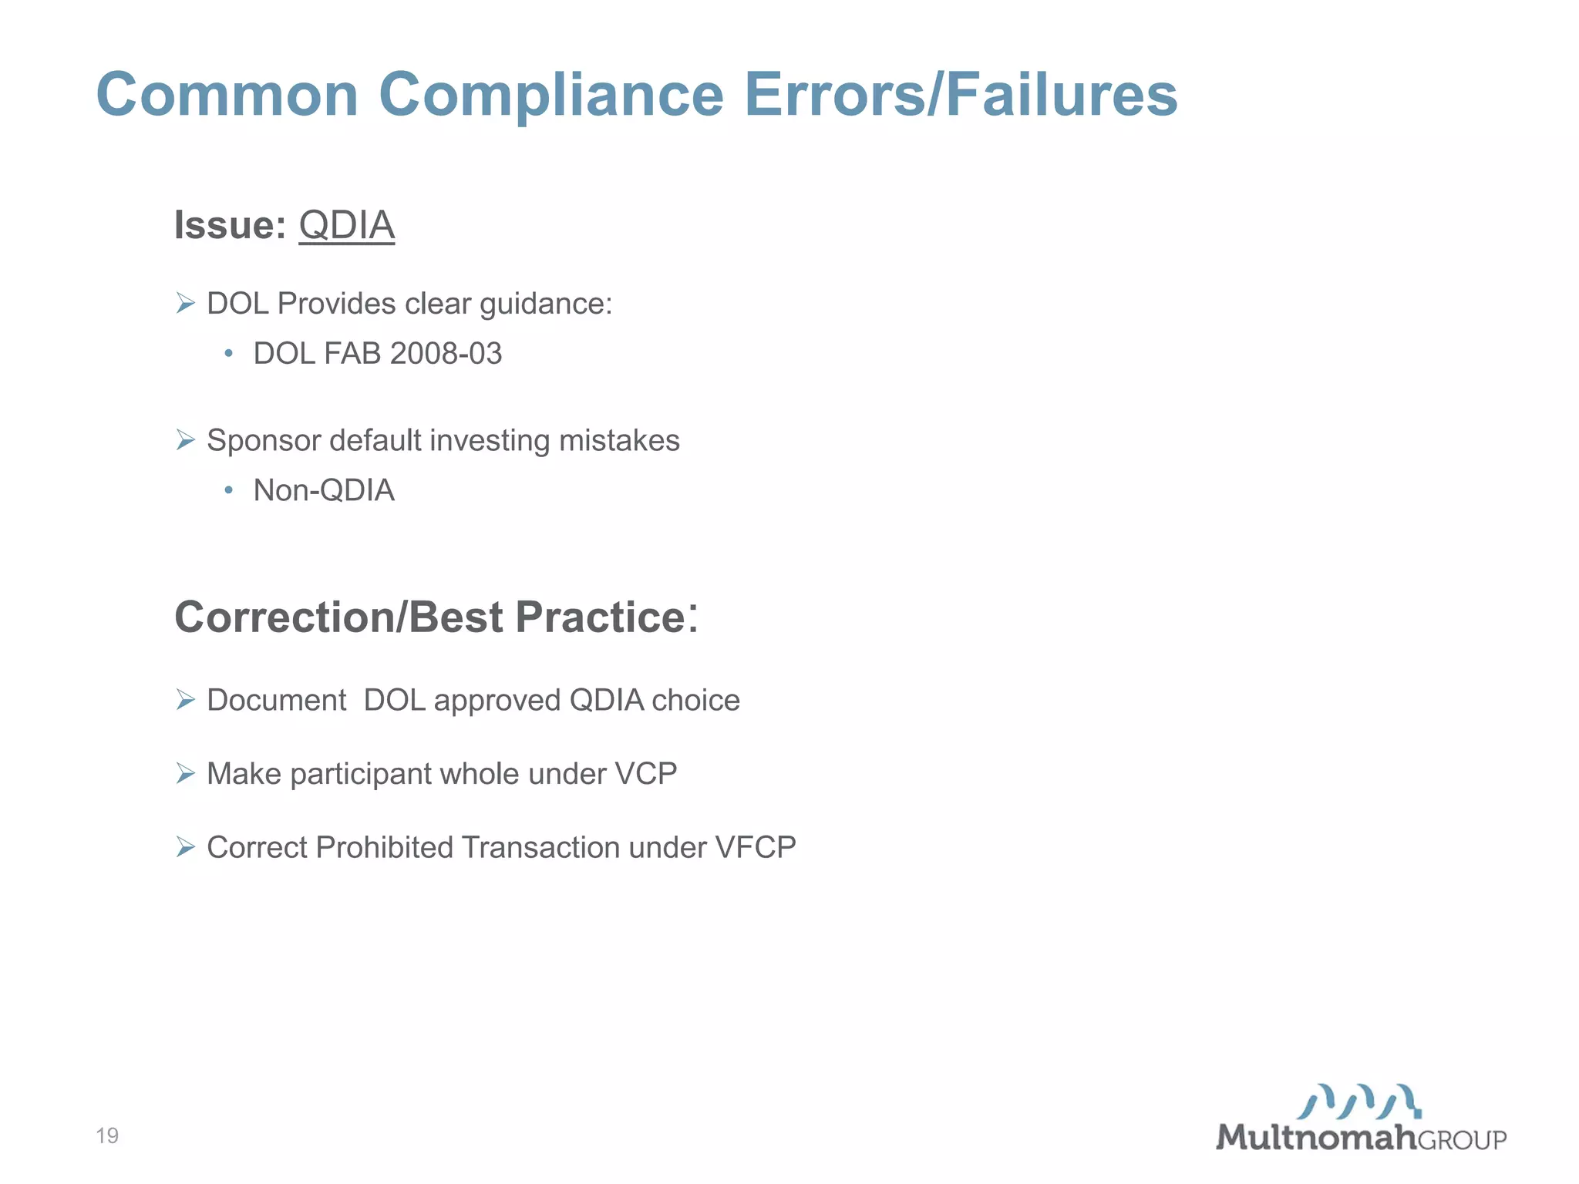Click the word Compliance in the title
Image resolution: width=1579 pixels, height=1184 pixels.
coord(550,95)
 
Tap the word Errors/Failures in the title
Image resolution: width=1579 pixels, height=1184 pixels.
coord(961,95)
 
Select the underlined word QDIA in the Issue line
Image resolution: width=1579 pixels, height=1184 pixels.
coord(346,225)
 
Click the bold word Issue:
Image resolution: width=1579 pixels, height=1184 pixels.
coord(230,225)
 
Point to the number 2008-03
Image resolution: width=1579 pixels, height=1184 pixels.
coord(446,354)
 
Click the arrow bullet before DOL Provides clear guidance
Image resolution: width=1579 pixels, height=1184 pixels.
coord(185,303)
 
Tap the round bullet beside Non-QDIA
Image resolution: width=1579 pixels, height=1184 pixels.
coord(228,490)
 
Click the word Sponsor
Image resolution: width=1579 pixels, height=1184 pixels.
coord(264,441)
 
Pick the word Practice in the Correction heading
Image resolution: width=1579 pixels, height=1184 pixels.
coord(600,617)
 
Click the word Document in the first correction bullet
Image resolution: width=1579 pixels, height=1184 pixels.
coord(276,701)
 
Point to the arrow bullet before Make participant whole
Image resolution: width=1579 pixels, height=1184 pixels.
coord(185,773)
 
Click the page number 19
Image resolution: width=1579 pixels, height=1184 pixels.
coord(107,1135)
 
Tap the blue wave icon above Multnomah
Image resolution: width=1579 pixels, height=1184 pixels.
coord(1359,1102)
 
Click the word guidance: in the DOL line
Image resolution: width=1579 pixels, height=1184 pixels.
coord(546,304)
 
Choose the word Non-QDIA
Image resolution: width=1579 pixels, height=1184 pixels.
coord(324,490)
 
